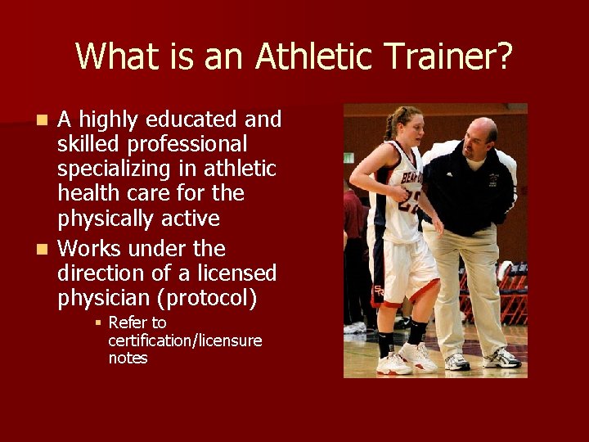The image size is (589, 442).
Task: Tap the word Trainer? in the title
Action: pyautogui.click(x=448, y=56)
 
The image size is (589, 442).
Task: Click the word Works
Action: pyautogui.click(x=90, y=248)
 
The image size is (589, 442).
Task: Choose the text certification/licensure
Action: pyautogui.click(x=185, y=341)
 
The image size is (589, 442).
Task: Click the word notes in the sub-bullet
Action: pyautogui.click(x=128, y=358)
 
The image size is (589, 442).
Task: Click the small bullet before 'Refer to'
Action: pyautogui.click(x=98, y=323)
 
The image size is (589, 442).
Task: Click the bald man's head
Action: pyautogui.click(x=480, y=134)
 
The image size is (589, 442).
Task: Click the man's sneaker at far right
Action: pyautogui.click(x=501, y=359)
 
